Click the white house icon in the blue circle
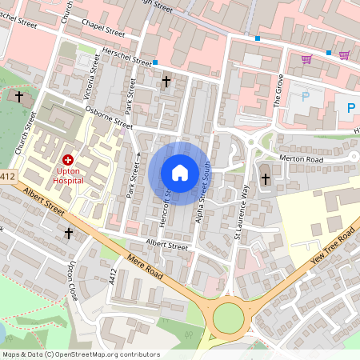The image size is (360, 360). [179, 173]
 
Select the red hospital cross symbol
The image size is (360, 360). [68, 160]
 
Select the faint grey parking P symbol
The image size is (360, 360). [305, 97]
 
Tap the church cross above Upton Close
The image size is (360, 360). [69, 234]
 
